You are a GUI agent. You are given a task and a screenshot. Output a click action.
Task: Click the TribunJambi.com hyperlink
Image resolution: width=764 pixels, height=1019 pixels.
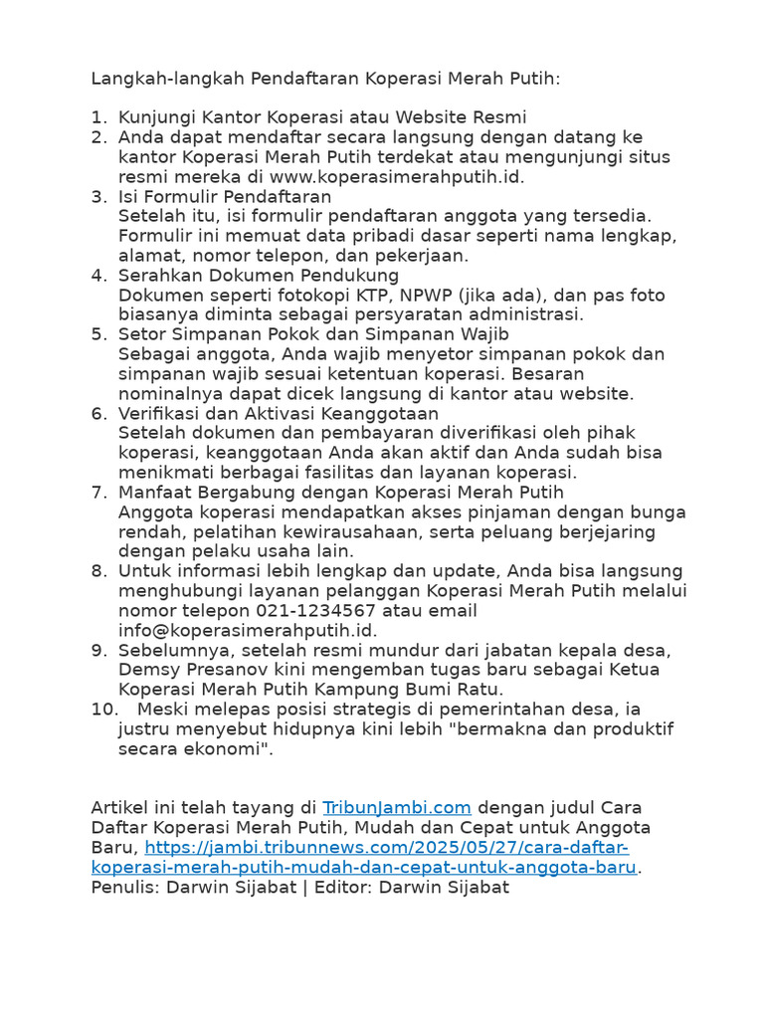397,807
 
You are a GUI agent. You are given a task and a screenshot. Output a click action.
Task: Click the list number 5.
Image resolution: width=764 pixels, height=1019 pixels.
98,334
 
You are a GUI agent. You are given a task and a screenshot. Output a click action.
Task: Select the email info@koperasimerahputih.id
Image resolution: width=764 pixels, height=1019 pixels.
248,630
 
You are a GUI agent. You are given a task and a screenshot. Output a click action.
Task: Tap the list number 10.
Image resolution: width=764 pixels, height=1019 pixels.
103,709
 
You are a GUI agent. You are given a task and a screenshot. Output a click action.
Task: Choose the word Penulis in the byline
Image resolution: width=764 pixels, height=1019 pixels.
124,887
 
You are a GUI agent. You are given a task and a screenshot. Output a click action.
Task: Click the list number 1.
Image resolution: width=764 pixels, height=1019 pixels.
98,117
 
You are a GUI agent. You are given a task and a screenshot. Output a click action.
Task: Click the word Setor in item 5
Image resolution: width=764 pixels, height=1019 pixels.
141,334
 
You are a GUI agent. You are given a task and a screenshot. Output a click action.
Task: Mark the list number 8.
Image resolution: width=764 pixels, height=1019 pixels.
98,571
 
